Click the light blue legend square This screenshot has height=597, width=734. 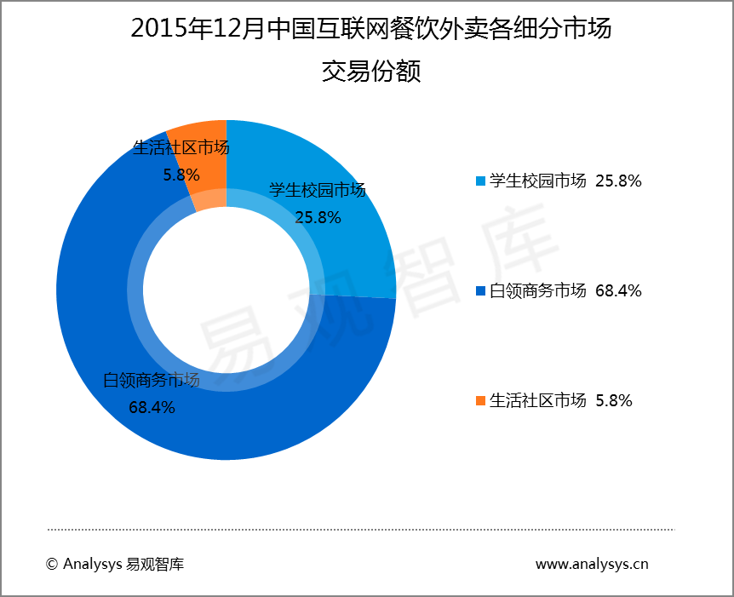480,181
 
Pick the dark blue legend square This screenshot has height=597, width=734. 480,291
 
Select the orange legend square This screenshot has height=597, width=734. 480,400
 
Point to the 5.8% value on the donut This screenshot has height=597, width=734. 181,175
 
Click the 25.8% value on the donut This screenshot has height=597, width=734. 318,217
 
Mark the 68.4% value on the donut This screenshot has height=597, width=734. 152,407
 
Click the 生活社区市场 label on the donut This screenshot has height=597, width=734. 181,148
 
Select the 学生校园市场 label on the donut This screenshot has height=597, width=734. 318,190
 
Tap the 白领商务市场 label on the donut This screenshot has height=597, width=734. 152,380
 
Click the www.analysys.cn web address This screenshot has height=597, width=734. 591,564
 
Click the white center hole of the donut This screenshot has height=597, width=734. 227,290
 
